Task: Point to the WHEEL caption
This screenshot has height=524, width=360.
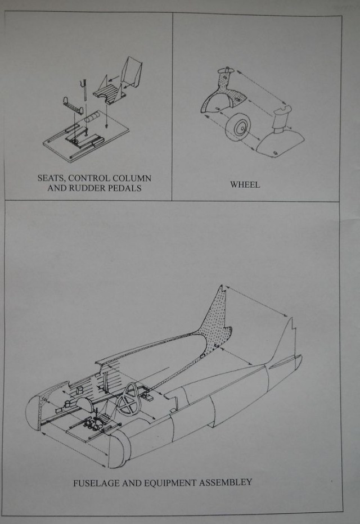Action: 245,184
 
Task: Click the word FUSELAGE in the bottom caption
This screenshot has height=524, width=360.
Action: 98,482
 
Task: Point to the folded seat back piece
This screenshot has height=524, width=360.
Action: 132,73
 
